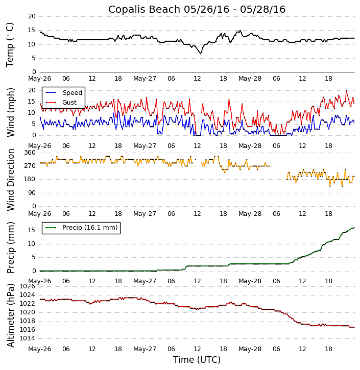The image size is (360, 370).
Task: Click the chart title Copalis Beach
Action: pyautogui.click(x=197, y=9)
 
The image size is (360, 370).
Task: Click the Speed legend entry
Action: pyautogui.click(x=72, y=93)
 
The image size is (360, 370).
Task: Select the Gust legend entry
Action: pyautogui.click(x=69, y=103)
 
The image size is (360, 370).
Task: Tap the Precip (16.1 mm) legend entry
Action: pyautogui.click(x=89, y=228)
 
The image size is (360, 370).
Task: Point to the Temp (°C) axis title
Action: pyautogui.click(x=10, y=44)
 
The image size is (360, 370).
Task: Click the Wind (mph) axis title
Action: pyautogui.click(x=10, y=112)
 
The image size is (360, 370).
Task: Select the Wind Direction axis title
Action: pyautogui.click(x=10, y=180)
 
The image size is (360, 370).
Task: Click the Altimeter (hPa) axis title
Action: pyautogui.click(x=10, y=315)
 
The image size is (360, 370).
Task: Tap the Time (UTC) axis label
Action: pyautogui.click(x=197, y=360)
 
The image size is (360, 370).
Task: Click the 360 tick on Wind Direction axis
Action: pyautogui.click(x=30, y=153)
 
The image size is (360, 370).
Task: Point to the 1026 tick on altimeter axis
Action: pyautogui.click(x=27, y=286)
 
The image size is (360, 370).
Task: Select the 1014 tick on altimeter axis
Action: pyautogui.click(x=27, y=338)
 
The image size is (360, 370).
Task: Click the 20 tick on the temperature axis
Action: pyautogui.click(x=32, y=16)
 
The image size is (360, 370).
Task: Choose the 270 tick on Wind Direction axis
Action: pyautogui.click(x=30, y=166)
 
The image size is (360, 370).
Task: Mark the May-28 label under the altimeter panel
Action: pyautogui.click(x=250, y=349)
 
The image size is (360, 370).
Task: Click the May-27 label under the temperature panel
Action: pyautogui.click(x=145, y=79)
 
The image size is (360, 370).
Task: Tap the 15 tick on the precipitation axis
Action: pyautogui.click(x=32, y=230)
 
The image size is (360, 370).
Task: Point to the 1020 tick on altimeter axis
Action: pyautogui.click(x=27, y=312)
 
